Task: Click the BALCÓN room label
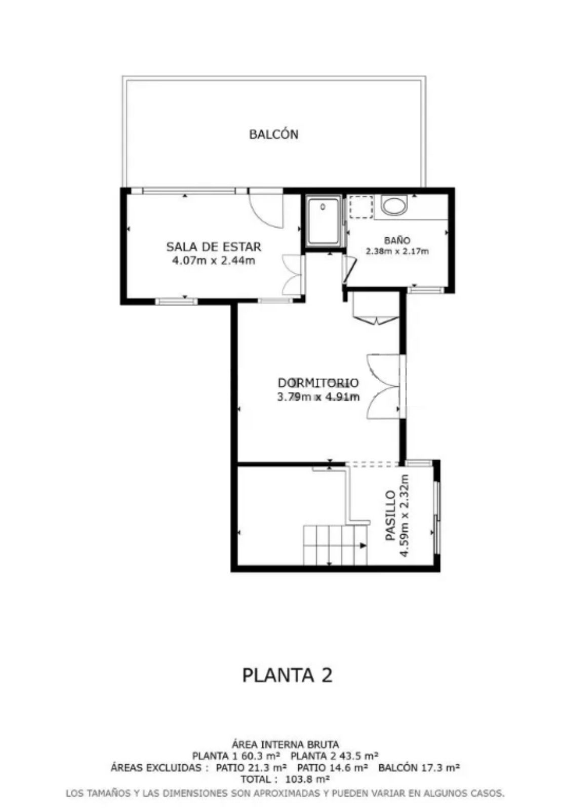click(273, 135)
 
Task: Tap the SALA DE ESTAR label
click(213, 247)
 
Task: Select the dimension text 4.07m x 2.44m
click(213, 261)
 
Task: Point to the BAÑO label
click(397, 240)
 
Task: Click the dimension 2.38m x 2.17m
click(397, 251)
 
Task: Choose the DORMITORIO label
click(318, 383)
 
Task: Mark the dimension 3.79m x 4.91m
click(318, 397)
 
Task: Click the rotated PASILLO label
click(390, 515)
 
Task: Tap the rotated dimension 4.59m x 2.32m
click(405, 515)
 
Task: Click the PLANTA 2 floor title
click(287, 675)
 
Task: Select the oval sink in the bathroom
click(395, 206)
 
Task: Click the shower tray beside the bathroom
click(323, 221)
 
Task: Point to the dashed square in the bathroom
click(360, 207)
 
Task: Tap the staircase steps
click(335, 545)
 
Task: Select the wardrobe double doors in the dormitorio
click(383, 387)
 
